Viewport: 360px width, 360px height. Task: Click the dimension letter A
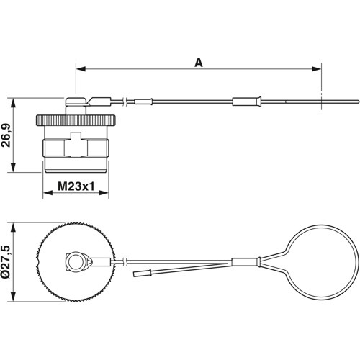(x=199, y=62)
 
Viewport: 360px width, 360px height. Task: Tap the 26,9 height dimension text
(x=6, y=134)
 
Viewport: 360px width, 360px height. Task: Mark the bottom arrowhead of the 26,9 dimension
(x=14, y=169)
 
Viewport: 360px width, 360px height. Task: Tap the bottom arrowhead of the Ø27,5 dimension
(x=14, y=300)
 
